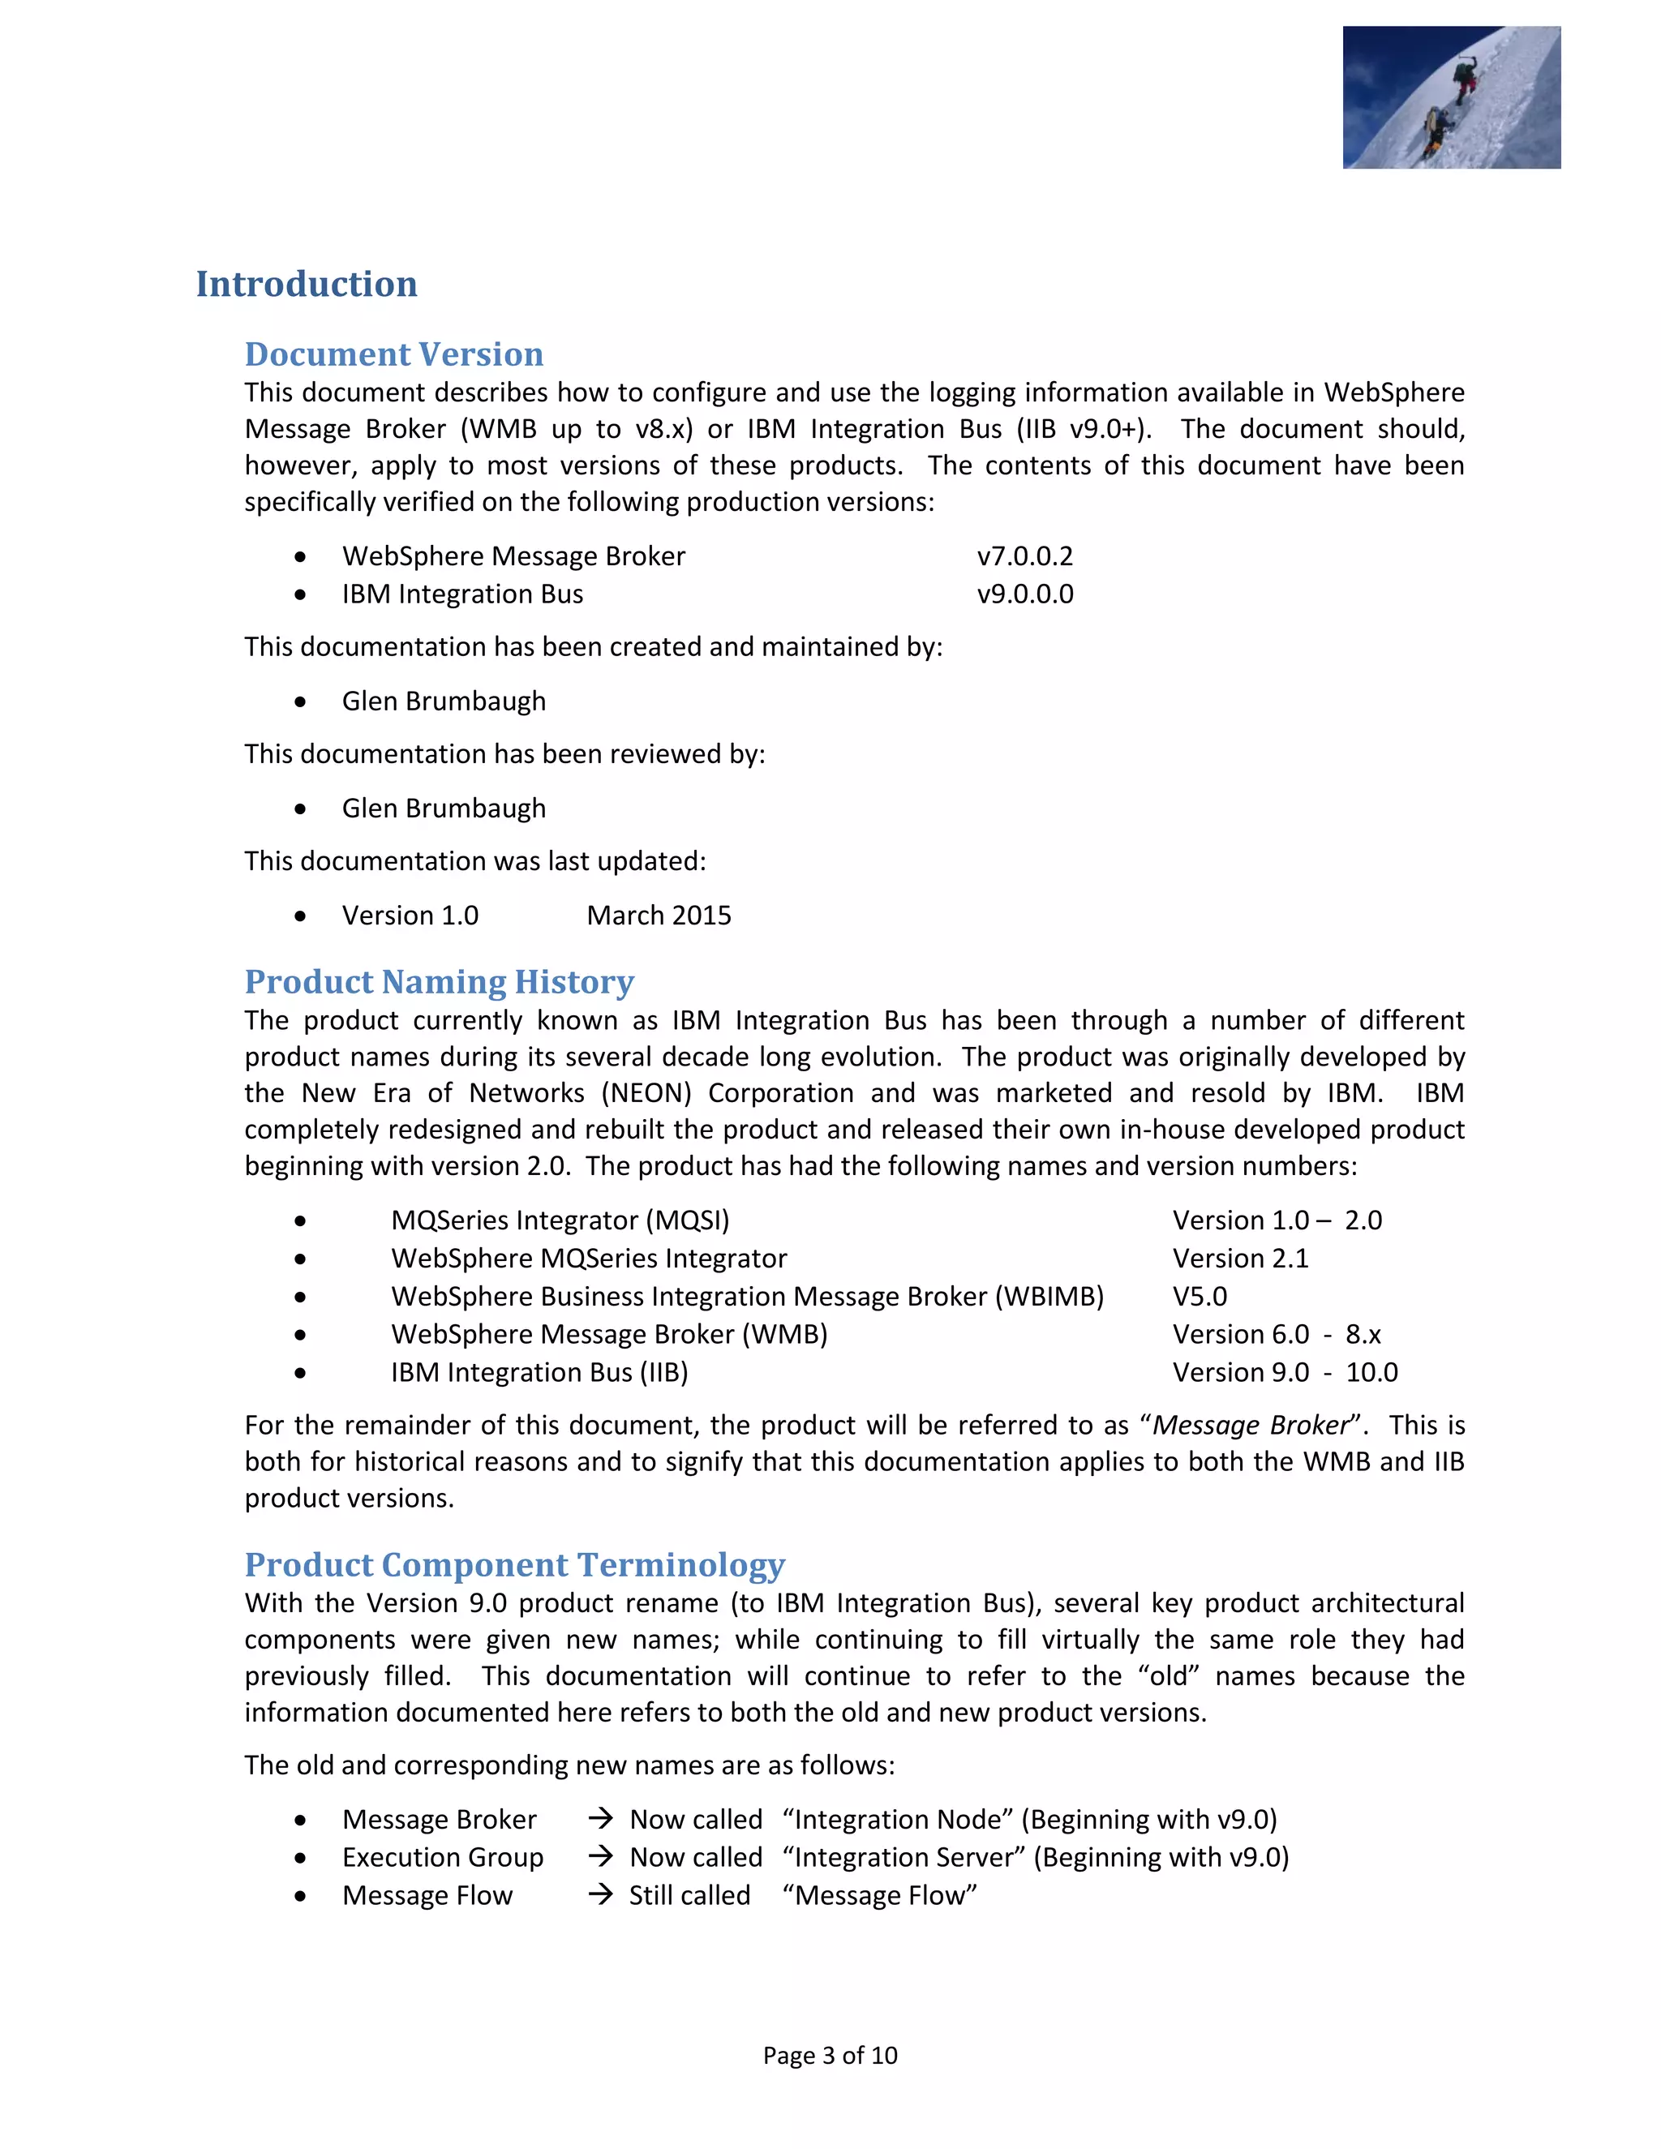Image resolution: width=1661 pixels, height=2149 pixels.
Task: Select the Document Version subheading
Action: pos(393,354)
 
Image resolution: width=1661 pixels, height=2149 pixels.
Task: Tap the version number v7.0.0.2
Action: pos(1024,556)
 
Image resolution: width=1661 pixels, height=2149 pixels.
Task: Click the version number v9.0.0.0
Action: pos(1024,594)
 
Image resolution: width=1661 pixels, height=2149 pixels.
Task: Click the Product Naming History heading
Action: pos(439,982)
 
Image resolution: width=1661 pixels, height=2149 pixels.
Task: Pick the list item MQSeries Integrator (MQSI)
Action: pos(560,1220)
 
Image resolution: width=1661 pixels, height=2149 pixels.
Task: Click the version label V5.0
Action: pos(1200,1297)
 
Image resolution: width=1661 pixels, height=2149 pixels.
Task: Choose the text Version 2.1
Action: pos(1240,1259)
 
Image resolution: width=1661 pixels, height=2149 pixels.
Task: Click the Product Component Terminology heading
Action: pos(515,1565)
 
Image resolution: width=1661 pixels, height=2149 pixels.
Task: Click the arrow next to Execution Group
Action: pos(600,1857)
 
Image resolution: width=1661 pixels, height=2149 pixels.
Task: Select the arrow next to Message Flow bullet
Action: pos(600,1895)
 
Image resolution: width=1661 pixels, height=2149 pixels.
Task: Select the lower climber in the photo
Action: pos(1436,128)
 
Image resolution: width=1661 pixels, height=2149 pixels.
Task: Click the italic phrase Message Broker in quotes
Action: pos(1251,1426)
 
